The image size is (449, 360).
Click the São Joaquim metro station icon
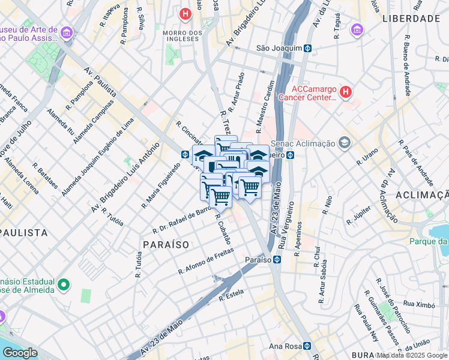point(307,48)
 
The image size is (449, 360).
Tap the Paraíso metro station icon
point(277,259)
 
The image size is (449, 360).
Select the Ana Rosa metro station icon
point(307,346)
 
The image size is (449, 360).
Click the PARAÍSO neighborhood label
point(166,245)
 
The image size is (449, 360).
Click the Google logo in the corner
point(20,353)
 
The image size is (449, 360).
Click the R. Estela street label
point(230,295)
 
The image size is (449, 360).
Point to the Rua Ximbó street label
point(419,304)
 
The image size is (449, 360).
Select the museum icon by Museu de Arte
point(67,31)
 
